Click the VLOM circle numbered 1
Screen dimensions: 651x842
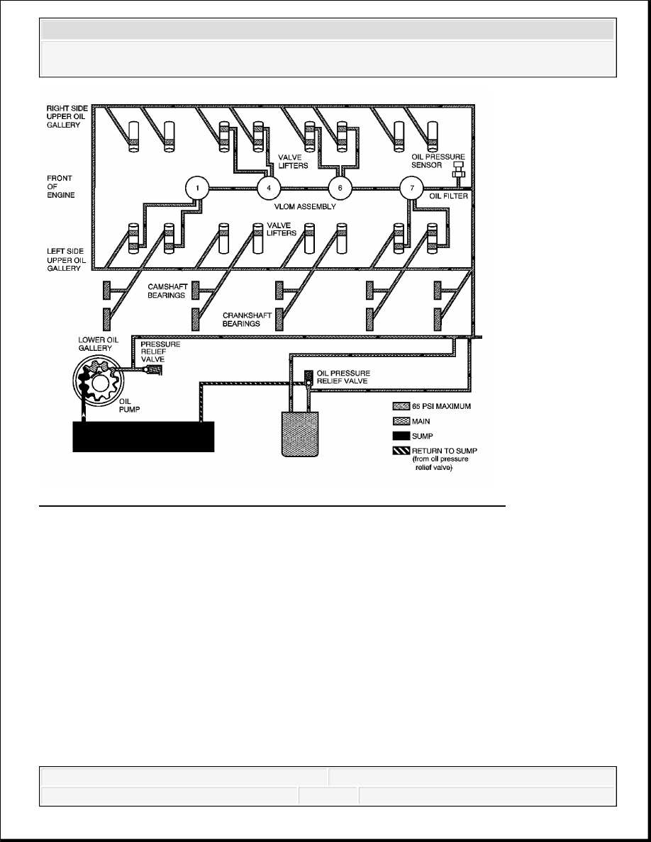click(198, 188)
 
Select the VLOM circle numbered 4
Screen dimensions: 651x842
click(269, 188)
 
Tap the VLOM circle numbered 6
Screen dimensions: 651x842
click(340, 188)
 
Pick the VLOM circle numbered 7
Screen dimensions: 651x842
click(412, 188)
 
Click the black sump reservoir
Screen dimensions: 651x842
click(143, 437)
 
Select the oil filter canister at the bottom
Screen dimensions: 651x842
click(300, 434)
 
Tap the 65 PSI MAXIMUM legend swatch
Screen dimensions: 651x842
click(401, 407)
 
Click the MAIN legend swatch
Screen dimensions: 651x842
click(401, 421)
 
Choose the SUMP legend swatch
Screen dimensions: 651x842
click(401, 435)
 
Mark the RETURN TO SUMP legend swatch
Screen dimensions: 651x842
click(401, 451)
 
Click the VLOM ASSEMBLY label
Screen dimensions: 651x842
click(304, 207)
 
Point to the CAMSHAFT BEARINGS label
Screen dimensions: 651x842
click(167, 291)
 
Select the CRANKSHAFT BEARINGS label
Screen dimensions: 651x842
click(247, 320)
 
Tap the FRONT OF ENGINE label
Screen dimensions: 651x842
click(60, 186)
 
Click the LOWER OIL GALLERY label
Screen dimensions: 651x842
click(99, 344)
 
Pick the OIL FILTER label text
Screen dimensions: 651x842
click(448, 196)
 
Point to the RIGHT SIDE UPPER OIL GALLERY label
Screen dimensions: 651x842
click(67, 116)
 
